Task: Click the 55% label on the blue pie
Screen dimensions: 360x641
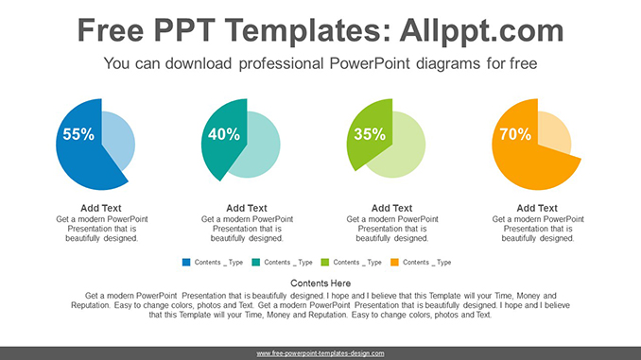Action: click(78, 135)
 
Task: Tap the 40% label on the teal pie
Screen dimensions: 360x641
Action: click(223, 135)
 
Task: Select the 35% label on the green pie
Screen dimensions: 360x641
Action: click(369, 135)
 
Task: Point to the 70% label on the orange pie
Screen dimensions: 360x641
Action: click(514, 135)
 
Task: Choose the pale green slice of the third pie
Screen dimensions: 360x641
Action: click(402, 149)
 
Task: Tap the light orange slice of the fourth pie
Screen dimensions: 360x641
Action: click(554, 133)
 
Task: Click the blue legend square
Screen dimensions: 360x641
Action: click(186, 262)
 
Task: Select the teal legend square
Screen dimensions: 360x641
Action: click(256, 262)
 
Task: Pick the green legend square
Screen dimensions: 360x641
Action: click(325, 262)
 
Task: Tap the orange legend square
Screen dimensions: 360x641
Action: click(395, 262)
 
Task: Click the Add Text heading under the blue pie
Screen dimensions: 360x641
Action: click(101, 208)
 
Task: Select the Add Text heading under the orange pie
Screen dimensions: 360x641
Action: click(538, 208)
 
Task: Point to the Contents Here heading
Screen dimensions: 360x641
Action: click(320, 283)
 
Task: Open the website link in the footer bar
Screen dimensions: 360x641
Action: click(320, 352)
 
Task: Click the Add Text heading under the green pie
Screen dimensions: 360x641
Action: click(392, 208)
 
